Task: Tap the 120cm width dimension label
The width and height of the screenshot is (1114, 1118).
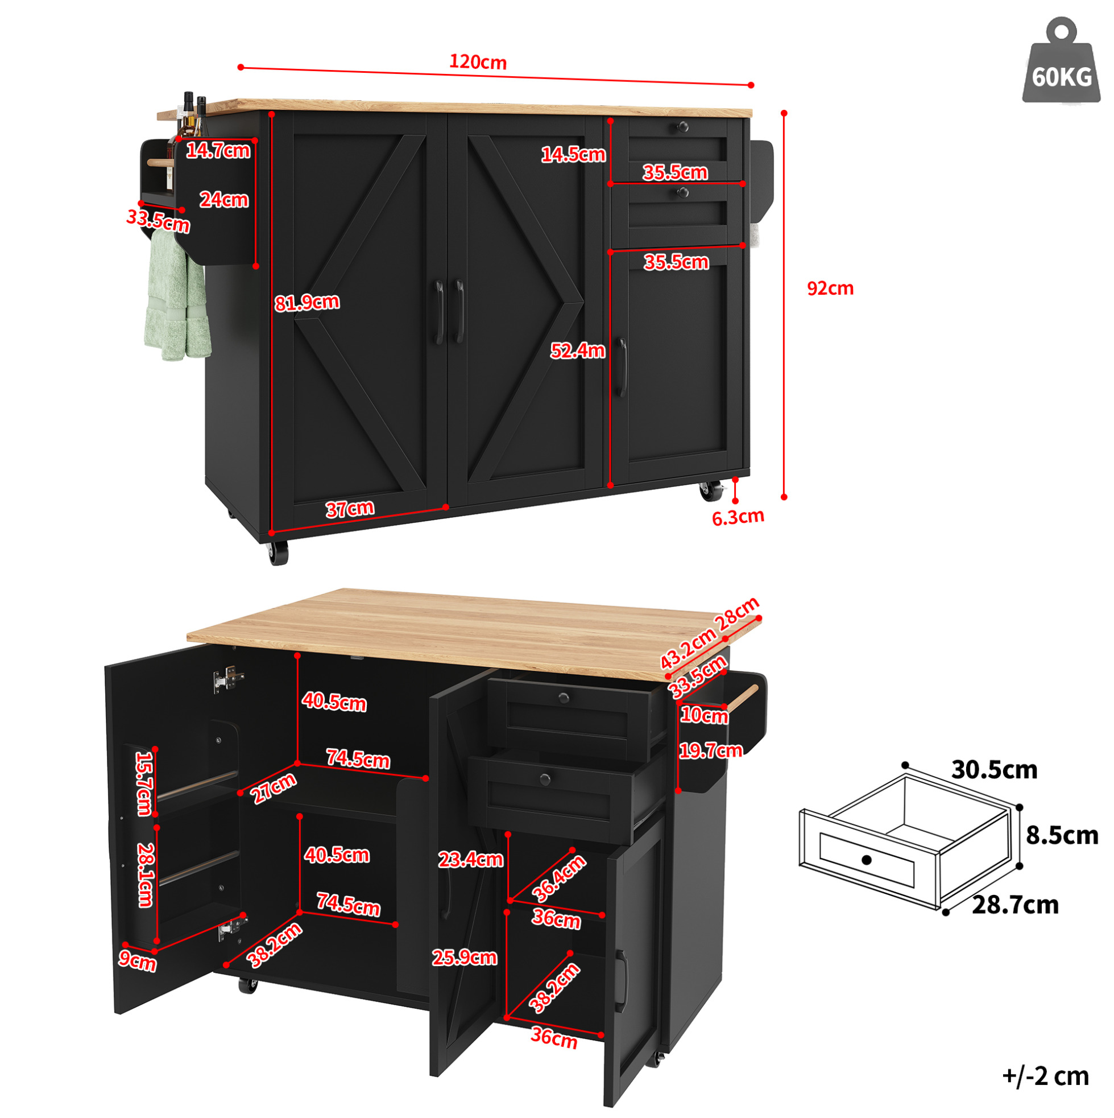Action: coord(478,62)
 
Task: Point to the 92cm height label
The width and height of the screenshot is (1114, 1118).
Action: coord(830,288)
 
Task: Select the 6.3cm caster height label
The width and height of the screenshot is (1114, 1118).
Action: coord(738,517)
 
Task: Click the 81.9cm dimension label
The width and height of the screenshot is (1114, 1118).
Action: coord(307,302)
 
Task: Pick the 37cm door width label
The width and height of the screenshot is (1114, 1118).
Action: coord(349,509)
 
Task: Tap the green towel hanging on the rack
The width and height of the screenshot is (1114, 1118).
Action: coord(176,295)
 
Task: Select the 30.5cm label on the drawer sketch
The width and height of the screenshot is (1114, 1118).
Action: coord(993,770)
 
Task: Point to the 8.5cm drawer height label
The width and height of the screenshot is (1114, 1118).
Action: coord(1062,836)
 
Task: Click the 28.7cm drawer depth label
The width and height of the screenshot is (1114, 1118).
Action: coord(1015,905)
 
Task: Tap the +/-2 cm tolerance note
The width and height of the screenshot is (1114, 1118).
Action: coord(1046,1076)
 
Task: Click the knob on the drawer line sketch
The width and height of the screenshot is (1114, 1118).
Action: coord(866,860)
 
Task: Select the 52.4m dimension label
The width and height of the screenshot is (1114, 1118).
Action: coord(577,350)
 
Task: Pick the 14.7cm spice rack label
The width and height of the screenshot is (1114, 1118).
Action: coord(218,150)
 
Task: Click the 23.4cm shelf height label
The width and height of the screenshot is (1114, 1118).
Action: coord(471,859)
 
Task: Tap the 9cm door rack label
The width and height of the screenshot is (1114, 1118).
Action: coord(137,960)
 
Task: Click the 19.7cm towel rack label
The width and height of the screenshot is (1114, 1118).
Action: coord(710,750)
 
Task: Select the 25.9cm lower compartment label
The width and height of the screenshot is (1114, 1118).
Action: coord(465,958)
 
